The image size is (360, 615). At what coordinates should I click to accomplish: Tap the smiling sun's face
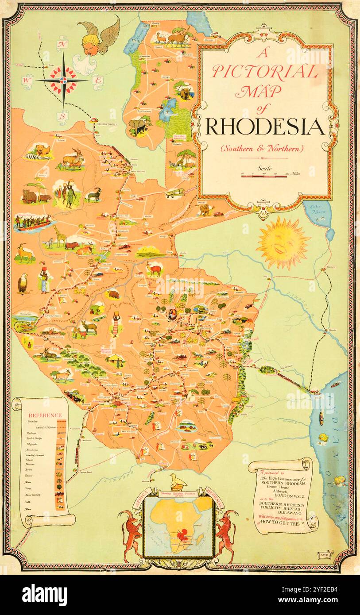click(x=283, y=242)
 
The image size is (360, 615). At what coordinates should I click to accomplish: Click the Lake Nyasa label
click(x=318, y=210)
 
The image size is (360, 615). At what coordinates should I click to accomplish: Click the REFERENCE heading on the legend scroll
click(x=45, y=415)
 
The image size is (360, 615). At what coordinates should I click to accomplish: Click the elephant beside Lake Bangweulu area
click(x=137, y=127)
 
